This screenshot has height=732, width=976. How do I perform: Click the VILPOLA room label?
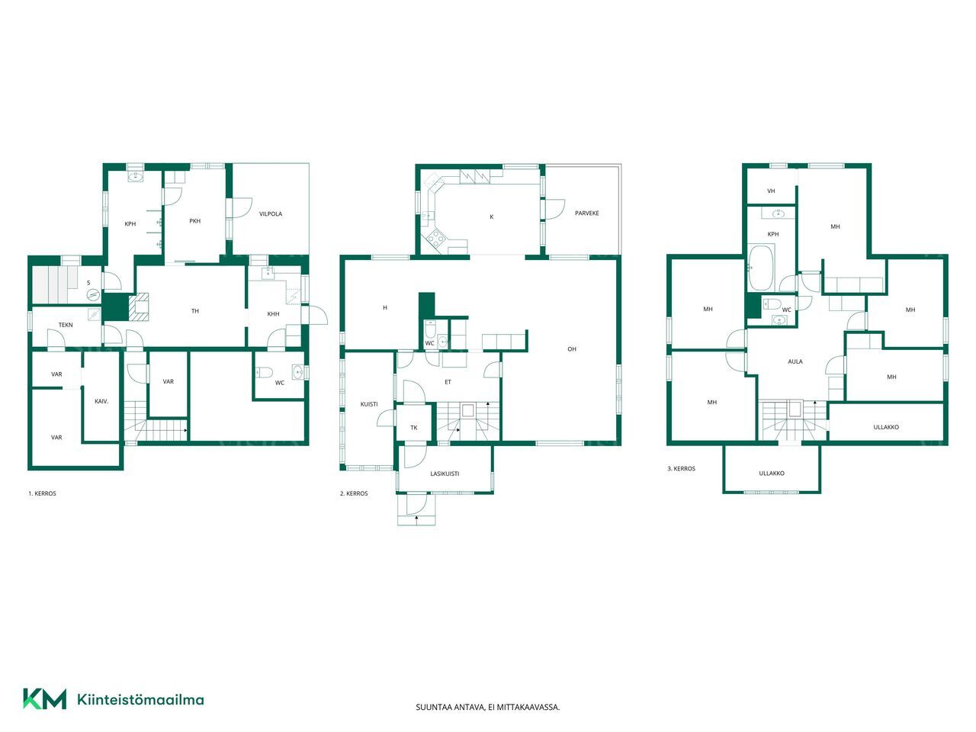(271, 213)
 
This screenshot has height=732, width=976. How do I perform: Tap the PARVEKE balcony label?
(586, 213)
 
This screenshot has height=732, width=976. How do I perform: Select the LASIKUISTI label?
(445, 474)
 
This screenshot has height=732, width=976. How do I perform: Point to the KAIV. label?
(101, 401)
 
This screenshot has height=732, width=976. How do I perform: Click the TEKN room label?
(66, 325)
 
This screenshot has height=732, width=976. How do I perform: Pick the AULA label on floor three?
(795, 361)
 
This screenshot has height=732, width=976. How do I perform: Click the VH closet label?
(771, 191)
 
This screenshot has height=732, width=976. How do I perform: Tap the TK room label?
(414, 428)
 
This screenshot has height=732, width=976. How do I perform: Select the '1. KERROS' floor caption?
(42, 493)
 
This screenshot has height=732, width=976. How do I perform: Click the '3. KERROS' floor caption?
(681, 468)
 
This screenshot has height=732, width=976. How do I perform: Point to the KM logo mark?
(45, 699)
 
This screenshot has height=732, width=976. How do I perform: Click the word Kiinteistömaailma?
(140, 699)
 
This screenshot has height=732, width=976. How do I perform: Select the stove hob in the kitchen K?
(435, 238)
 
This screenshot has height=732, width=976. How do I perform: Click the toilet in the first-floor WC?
(264, 372)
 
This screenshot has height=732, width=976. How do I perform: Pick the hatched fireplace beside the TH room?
(139, 307)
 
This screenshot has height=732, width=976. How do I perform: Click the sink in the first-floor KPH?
(134, 177)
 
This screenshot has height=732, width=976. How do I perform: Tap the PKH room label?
(194, 221)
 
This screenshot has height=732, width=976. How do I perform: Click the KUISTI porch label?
(369, 404)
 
